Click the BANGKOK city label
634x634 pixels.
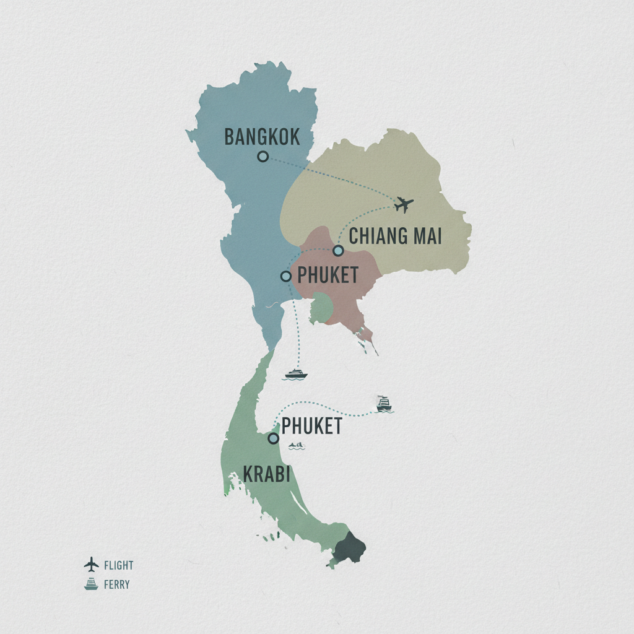(x=262, y=137)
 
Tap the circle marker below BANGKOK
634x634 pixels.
(x=263, y=157)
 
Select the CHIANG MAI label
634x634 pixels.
(x=396, y=236)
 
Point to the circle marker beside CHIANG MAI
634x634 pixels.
(x=338, y=251)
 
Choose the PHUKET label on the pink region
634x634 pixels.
(x=328, y=276)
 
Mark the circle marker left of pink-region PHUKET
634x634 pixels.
(x=285, y=276)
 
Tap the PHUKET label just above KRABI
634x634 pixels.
(x=311, y=426)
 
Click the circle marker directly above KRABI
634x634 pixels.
(x=272, y=438)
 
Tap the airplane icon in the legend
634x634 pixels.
(x=91, y=565)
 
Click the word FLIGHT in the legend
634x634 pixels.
(x=119, y=565)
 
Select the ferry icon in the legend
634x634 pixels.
(x=91, y=584)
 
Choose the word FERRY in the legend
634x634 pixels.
(x=117, y=584)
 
